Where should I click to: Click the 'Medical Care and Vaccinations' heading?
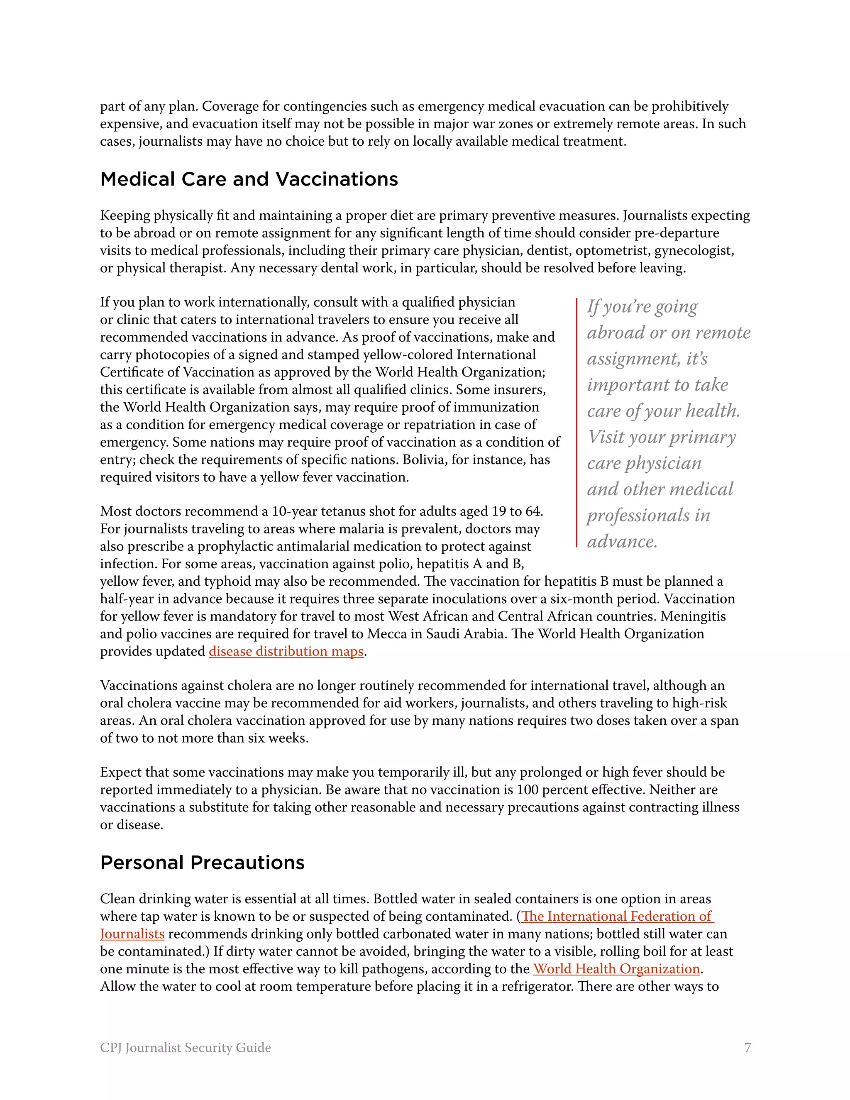click(249, 179)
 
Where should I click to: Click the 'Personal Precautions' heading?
click(202, 862)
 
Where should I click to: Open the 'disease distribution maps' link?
click(286, 651)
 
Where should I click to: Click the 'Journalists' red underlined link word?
click(132, 934)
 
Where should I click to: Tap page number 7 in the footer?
click(747, 1048)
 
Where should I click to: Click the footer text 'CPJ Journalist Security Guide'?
click(185, 1048)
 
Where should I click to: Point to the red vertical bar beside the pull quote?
click(576, 422)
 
